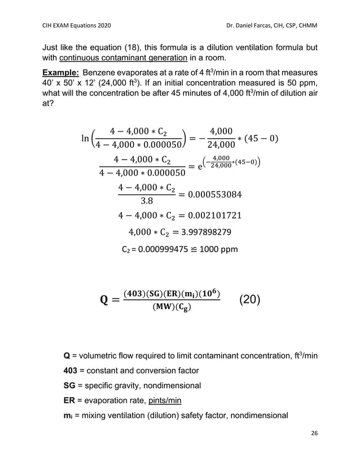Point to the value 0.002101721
click(x=210, y=216)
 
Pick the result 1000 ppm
click(x=218, y=249)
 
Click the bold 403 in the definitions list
click(x=72, y=370)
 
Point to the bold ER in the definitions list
click(x=70, y=401)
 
